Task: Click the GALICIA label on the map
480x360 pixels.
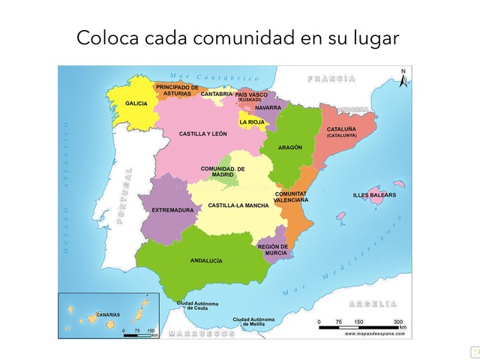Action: point(136,103)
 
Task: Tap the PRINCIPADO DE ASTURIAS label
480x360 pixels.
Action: point(178,90)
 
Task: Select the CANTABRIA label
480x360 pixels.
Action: point(217,94)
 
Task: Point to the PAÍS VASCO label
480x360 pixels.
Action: point(250,95)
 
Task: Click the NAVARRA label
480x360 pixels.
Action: point(268,108)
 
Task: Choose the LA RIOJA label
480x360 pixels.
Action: point(252,121)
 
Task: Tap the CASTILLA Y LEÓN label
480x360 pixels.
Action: point(202,134)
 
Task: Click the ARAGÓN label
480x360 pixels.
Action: point(290,148)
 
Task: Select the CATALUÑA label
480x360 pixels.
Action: point(341,132)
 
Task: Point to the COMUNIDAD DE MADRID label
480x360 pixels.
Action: point(223,172)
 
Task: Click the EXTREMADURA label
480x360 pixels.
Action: point(172,211)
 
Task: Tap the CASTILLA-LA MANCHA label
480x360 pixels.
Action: point(238,205)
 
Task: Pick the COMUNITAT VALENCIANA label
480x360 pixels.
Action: point(291,197)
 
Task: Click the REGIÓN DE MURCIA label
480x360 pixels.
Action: point(272,250)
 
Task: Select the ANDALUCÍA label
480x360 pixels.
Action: point(206,261)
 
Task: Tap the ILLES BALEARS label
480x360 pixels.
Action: point(374,196)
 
